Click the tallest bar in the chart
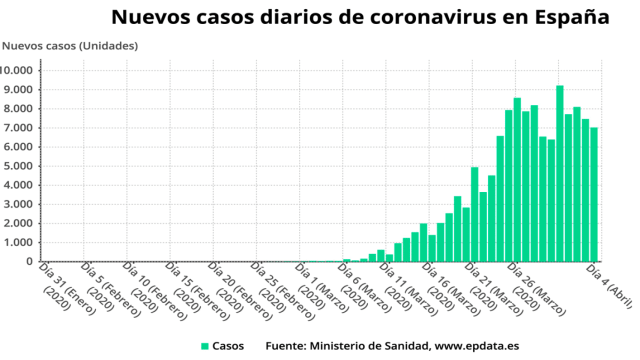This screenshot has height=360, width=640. pos(560,174)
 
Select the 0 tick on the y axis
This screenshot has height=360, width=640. pos(32,261)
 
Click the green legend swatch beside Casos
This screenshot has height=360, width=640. pos(205,346)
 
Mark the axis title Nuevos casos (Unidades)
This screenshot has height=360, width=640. pos(70,46)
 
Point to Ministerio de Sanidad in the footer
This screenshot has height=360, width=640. pos(370,346)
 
